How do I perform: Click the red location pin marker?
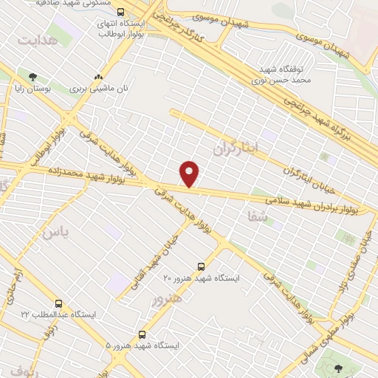pyautogui.click(x=190, y=173)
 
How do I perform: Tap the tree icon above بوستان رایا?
pyautogui.click(x=32, y=76)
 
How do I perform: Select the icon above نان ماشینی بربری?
pyautogui.click(x=98, y=76)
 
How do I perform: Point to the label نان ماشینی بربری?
pyautogui.click(x=100, y=88)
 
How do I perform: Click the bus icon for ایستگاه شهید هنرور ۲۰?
pyautogui.click(x=202, y=267)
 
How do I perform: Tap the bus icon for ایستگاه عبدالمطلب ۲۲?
pyautogui.click(x=58, y=303)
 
